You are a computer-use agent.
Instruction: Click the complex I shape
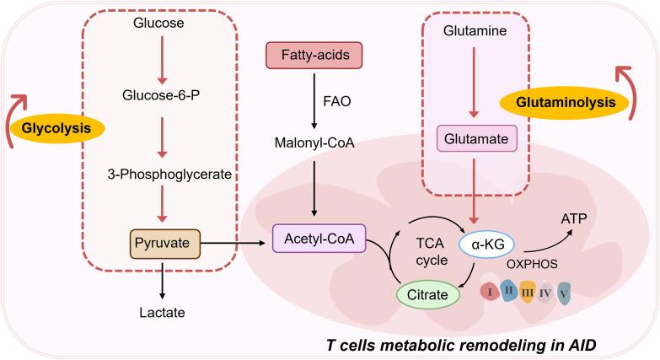[489, 292]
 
